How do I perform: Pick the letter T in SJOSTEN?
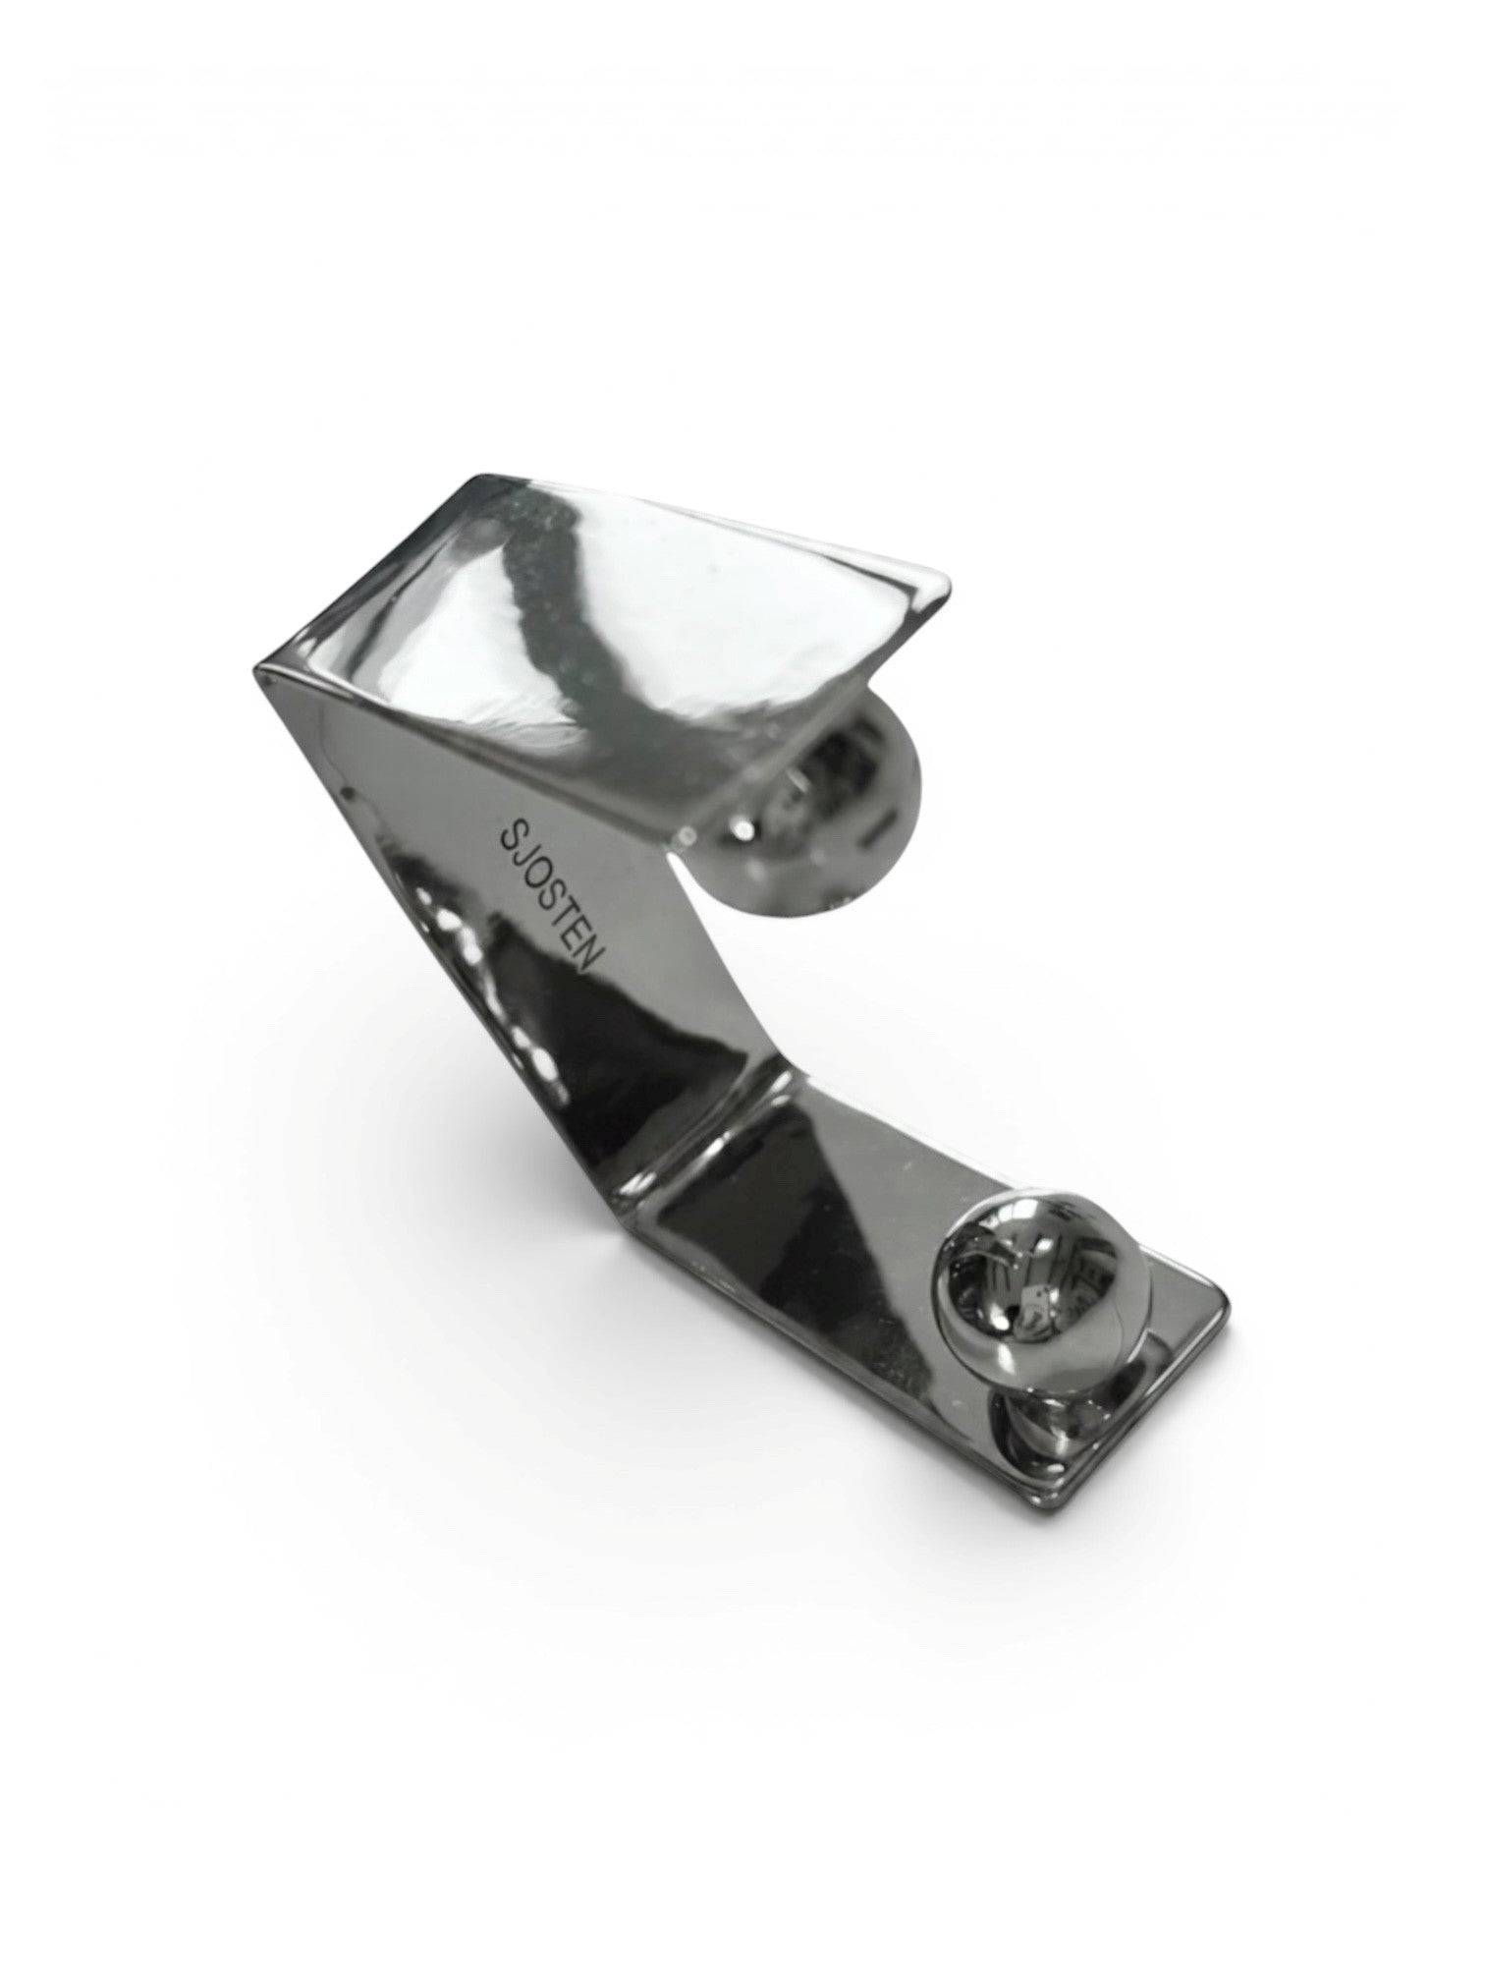pos(571,928)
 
